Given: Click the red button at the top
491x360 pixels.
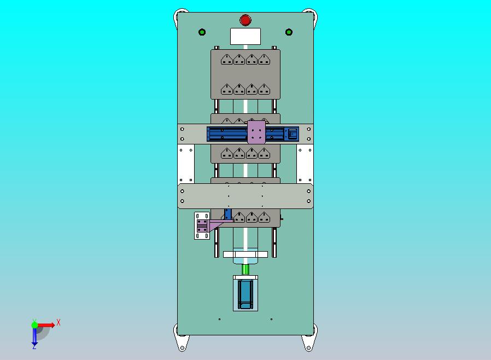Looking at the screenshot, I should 245,20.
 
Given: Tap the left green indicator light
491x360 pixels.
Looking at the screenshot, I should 202,32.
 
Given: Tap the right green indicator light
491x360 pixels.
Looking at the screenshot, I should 289,32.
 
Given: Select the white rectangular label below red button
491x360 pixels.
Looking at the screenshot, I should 245,37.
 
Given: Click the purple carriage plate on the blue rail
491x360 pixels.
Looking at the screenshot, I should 256,132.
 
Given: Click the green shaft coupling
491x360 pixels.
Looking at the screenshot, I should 245,269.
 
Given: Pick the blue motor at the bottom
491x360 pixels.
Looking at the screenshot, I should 245,294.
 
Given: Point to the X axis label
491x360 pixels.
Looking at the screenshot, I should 59,322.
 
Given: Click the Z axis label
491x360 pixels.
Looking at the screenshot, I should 34,346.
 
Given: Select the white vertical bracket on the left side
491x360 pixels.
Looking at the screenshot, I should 186,164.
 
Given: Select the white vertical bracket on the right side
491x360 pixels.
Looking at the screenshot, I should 305,164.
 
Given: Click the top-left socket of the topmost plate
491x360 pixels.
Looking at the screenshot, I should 226,60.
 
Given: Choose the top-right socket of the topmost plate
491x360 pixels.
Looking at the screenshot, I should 264,60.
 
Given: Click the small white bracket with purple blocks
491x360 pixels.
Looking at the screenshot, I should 202,226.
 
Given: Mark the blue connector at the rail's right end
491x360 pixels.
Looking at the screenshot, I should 293,133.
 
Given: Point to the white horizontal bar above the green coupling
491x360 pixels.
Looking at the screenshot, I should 245,254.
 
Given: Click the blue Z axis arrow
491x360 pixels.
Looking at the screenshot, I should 34,336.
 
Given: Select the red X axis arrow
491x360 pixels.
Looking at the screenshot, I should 46,326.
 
